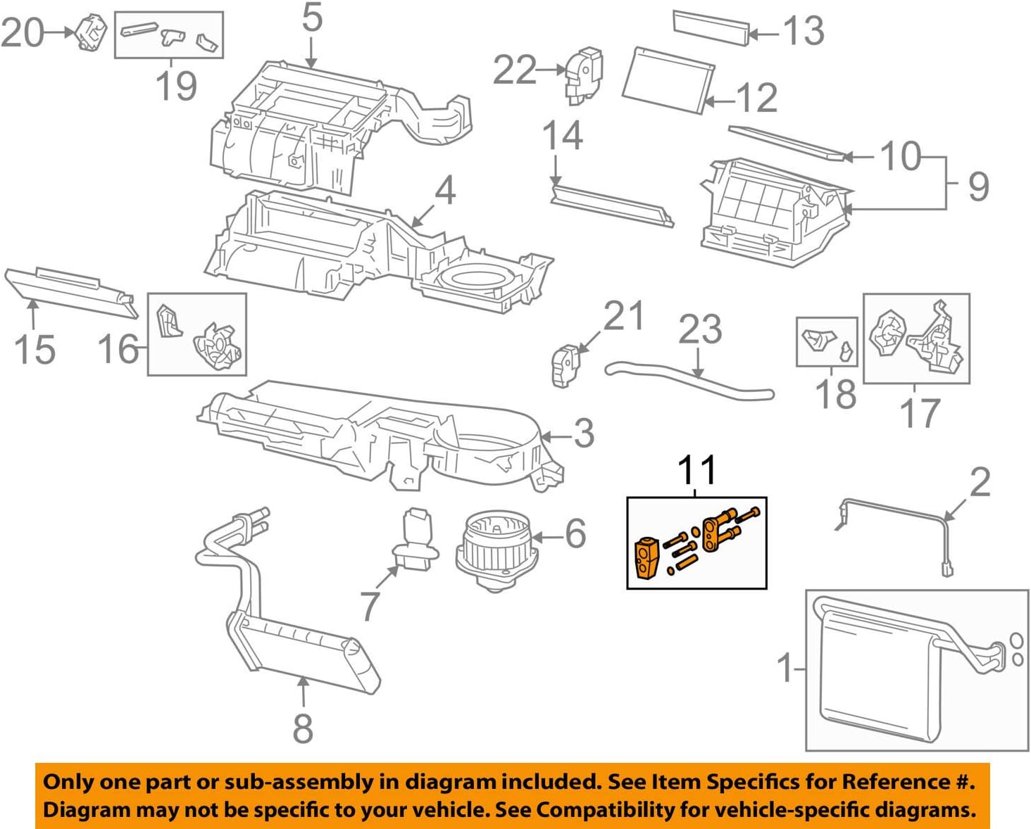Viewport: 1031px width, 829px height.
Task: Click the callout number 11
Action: pos(696,470)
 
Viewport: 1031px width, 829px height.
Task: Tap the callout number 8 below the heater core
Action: pos(303,728)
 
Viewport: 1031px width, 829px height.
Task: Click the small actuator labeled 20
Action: pos(92,32)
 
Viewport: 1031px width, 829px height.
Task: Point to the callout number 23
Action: pos(699,330)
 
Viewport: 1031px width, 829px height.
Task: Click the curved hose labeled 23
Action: pos(690,381)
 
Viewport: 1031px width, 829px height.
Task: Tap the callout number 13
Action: pos(804,31)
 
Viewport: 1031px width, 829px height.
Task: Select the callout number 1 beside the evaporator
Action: pos(785,667)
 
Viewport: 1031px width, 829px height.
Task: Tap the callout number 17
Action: pos(920,413)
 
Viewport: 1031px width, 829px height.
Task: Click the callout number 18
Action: pos(836,394)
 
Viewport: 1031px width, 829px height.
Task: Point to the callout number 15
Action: pos(34,350)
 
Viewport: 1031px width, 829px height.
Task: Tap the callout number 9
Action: pos(978,186)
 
